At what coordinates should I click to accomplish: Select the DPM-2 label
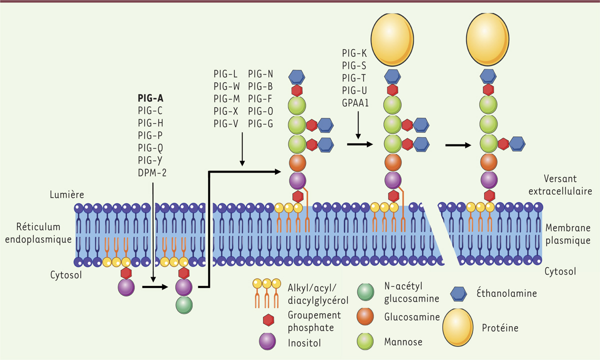pos(152,173)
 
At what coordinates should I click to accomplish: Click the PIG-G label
pos(260,123)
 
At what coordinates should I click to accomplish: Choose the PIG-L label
pos(225,73)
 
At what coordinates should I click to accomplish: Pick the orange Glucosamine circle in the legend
pos(366,317)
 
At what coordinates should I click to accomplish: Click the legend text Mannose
pos(404,342)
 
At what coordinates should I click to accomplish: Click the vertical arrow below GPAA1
pos(358,125)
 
